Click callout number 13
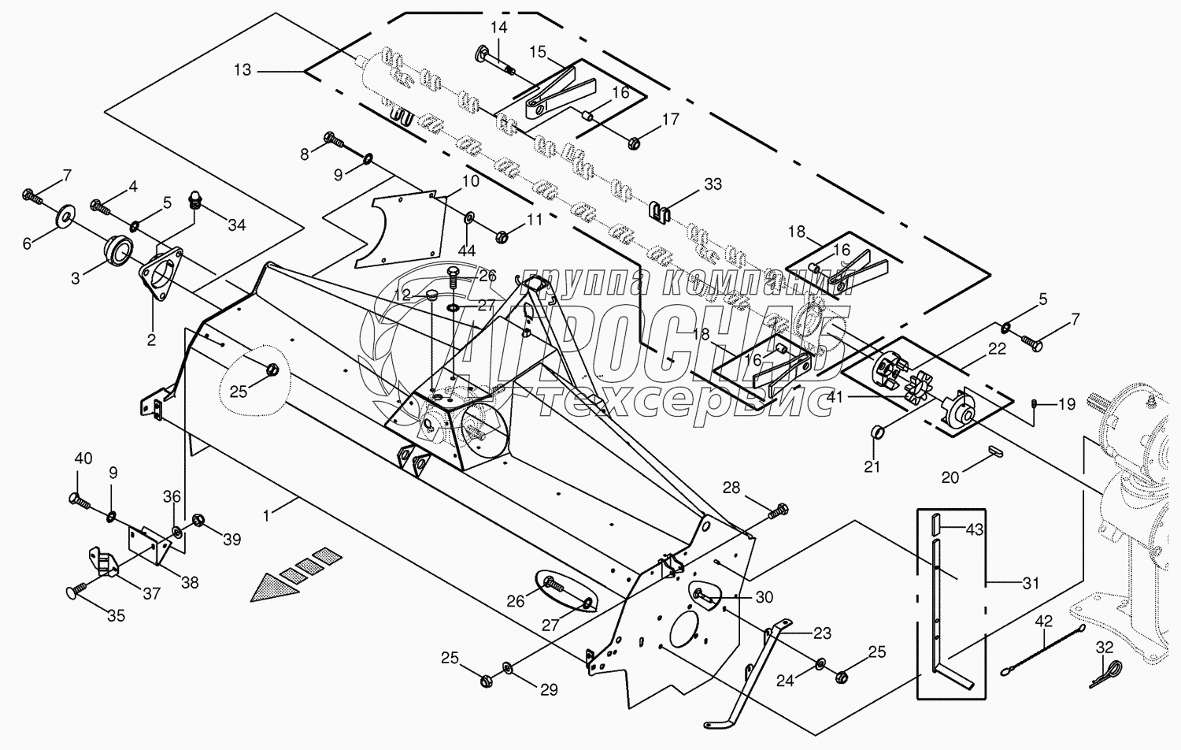coord(242,70)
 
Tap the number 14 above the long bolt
coord(498,28)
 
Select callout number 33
coord(713,184)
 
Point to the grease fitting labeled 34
coord(196,202)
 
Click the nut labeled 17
coord(635,143)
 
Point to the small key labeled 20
coord(995,452)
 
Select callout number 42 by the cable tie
coord(1043,622)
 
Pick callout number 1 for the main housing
coord(267,515)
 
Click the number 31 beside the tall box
coord(1031,583)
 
